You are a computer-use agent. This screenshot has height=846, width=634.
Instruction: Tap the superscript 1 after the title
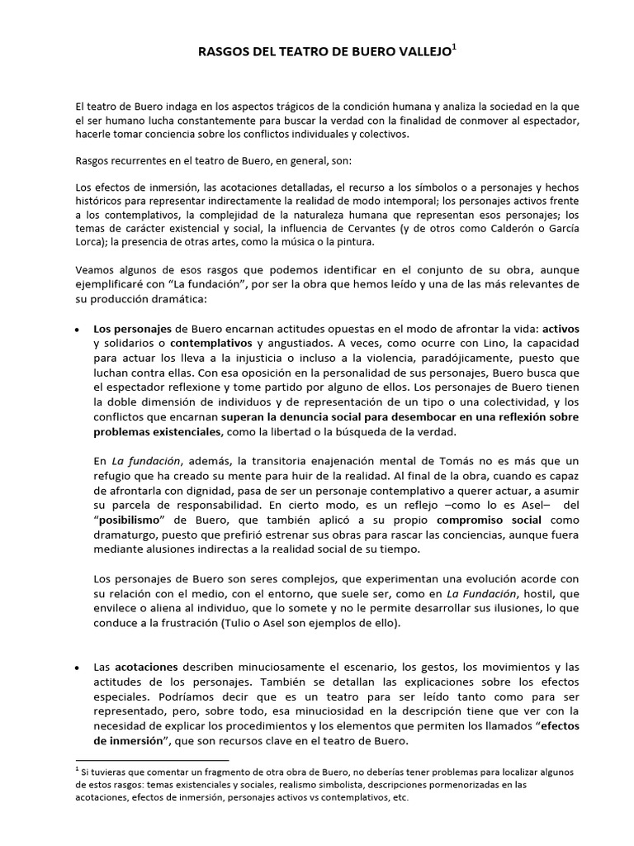(453, 48)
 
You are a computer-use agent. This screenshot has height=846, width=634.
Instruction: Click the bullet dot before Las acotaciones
(77, 667)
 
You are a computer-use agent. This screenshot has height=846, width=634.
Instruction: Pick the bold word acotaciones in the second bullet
(149, 666)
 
